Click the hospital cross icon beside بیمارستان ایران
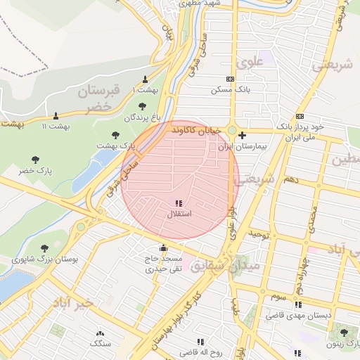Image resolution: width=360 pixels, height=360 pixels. pos(243,135)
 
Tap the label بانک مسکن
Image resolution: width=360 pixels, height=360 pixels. pos(231,90)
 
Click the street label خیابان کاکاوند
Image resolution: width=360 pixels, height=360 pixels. pos(197,130)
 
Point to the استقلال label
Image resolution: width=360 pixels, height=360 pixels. pos(179,212)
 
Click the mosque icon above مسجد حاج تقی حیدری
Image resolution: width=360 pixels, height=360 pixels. pos(164,247)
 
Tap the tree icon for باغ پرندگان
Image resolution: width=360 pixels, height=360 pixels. pos(143,106)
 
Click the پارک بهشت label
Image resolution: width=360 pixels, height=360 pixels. pos(116,145)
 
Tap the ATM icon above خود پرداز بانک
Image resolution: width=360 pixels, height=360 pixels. pos(300,116)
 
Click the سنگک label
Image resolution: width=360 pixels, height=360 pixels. pos(100,343)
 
